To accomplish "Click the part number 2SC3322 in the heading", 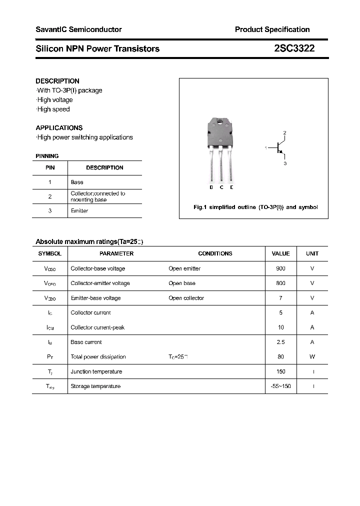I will tap(294, 48).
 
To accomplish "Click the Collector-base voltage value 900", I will tap(280, 268).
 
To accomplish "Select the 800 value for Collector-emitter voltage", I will tap(280, 283).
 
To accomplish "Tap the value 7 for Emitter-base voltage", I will tap(280, 298).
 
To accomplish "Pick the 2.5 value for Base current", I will tap(280, 342).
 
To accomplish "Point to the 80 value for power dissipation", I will tap(280, 356).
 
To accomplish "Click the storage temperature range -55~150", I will tap(280, 386).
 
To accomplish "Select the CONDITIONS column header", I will tap(215, 253).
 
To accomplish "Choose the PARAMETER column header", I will tap(116, 253).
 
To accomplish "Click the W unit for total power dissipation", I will tap(312, 356).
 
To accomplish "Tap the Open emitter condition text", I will tap(184, 268).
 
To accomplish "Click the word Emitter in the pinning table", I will tap(79, 210).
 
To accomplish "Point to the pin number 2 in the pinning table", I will tap(50, 196).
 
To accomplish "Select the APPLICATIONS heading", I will tap(59, 127).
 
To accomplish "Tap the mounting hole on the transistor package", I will tap(220, 121).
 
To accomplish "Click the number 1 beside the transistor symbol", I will tap(266, 147).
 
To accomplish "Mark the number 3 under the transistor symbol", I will tap(284, 163).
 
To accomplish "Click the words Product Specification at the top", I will tap(272, 29).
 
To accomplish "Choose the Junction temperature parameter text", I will tap(96, 371).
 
